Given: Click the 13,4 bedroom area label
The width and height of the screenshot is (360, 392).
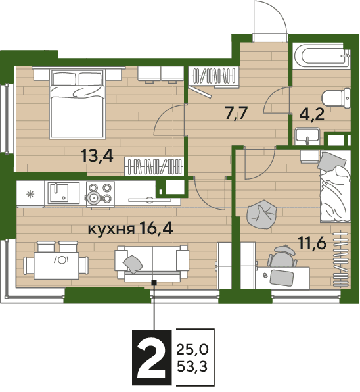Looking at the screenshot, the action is point(97,157).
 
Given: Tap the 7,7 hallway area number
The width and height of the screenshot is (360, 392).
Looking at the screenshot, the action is point(236,114).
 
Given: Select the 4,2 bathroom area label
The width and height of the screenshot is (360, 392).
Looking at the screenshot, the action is point(312,115).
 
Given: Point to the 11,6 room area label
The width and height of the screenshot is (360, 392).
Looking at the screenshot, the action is point(312,243).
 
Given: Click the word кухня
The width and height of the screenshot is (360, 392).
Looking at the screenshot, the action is point(111,229).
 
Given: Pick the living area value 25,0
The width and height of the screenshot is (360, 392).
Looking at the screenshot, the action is point(192,349).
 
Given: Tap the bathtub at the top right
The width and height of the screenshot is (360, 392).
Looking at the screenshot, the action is point(321,56).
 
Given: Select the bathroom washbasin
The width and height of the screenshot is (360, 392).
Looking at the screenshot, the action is point(307,137).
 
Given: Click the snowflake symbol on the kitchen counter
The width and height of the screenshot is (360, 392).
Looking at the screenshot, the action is point(30,194).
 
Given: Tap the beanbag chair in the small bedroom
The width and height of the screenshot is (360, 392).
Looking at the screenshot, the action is point(261,214).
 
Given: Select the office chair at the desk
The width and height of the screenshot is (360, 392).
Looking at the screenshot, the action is point(282,257).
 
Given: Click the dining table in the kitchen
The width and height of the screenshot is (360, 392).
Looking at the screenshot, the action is point(56,265).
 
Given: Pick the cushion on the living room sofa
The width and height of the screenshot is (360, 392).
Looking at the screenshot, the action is point(133,264).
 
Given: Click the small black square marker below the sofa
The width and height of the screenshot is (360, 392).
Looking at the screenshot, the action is point(154,283).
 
